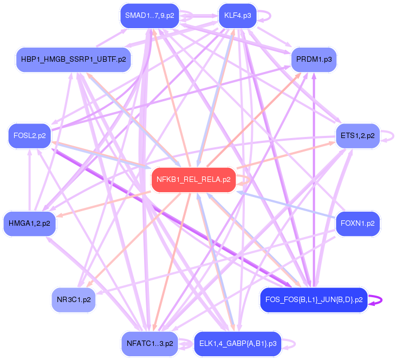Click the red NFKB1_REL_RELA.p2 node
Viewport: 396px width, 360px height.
pyautogui.click(x=193, y=179)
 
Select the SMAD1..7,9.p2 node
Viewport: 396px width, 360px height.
pyautogui.click(x=150, y=15)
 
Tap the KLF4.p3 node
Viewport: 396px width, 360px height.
pyautogui.click(x=237, y=15)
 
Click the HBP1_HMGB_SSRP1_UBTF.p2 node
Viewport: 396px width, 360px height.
pyautogui.click(x=73, y=59)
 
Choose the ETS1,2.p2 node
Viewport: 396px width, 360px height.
pyautogui.click(x=358, y=135)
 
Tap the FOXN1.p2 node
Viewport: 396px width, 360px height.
pyautogui.click(x=358, y=222)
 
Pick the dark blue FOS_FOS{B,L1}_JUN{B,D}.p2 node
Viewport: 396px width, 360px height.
pyautogui.click(x=314, y=299)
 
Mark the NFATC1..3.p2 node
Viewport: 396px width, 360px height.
pyautogui.click(x=150, y=343)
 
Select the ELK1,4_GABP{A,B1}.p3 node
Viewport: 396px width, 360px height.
pyautogui.click(x=238, y=343)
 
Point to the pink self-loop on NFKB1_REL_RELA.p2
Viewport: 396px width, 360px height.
pyautogui.click(x=247, y=179)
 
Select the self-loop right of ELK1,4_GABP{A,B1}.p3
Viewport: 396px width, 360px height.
pyautogui.click(x=291, y=343)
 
